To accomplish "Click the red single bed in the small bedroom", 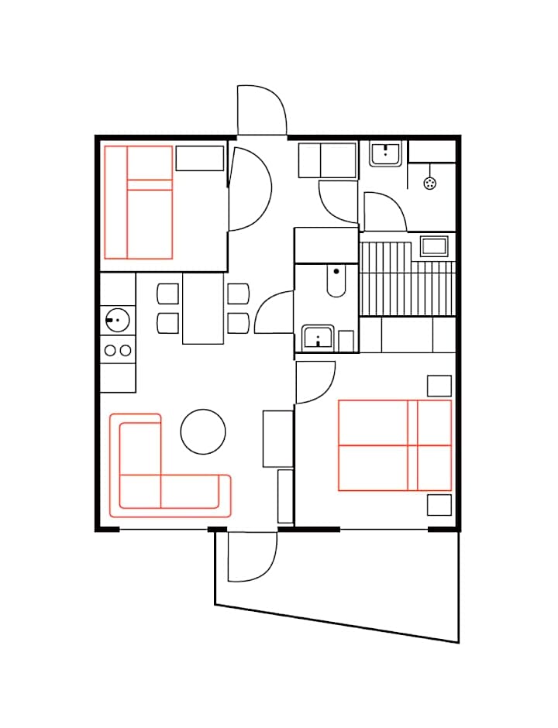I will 138,202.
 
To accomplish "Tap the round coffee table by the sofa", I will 203,431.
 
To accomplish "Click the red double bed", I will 394,445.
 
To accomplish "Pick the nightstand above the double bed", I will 439,386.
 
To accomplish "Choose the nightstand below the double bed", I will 439,505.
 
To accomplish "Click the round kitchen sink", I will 118,318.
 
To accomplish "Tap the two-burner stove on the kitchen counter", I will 118,350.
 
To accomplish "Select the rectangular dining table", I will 203,308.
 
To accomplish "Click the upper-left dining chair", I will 168,294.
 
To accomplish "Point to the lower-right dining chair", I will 238,323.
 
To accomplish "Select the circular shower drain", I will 431,183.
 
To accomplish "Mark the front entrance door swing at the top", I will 262,110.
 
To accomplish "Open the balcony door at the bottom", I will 252,556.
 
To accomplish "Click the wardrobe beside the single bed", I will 200,158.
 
